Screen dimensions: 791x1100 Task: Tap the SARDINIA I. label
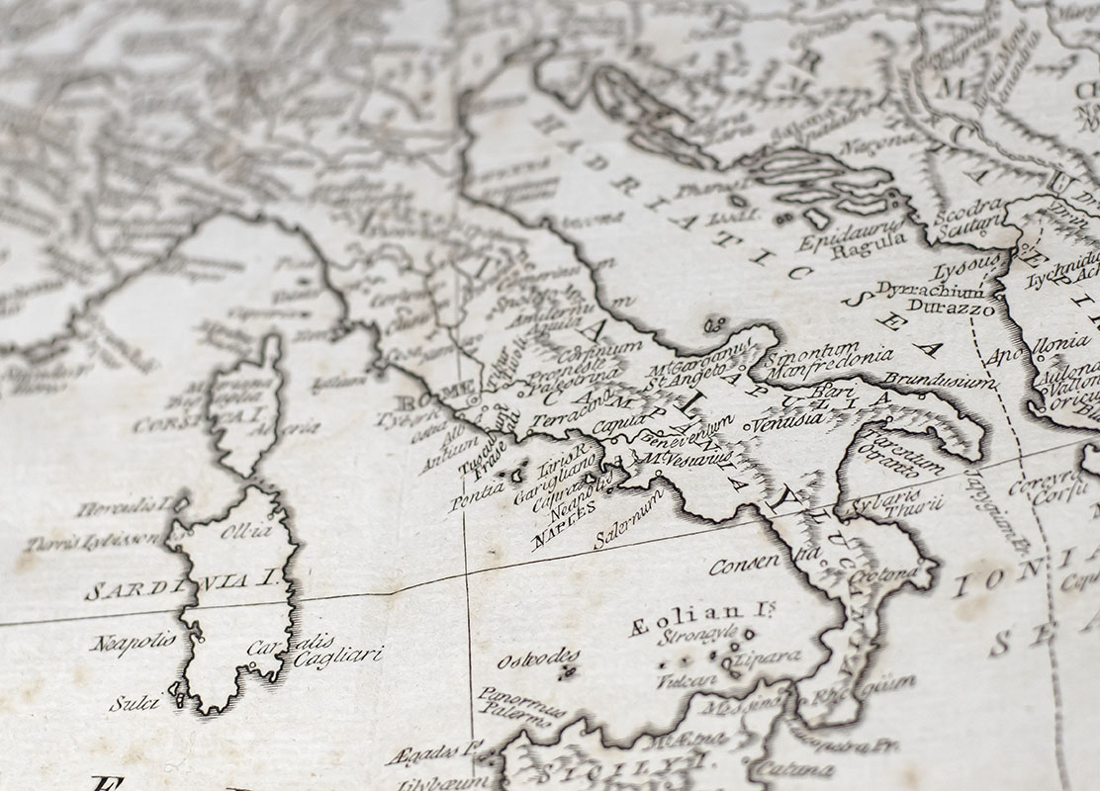pyautogui.click(x=180, y=589)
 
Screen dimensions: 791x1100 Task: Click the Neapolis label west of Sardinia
pyautogui.click(x=134, y=643)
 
